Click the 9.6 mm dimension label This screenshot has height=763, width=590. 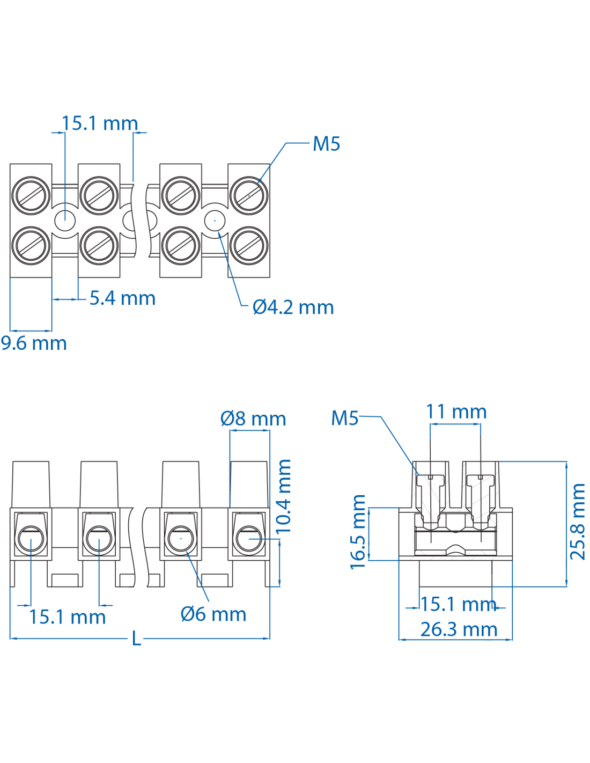point(34,343)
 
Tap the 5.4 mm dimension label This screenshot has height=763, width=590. point(122,298)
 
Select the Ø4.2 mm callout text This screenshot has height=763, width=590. point(293,307)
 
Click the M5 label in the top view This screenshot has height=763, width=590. point(326,144)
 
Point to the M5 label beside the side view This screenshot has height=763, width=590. point(344,418)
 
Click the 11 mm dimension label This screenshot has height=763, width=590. point(456,412)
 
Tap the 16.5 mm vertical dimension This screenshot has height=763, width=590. point(358,532)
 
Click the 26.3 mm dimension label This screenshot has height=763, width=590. point(459,629)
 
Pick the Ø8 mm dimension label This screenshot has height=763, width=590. point(253,419)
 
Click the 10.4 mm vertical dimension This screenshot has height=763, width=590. point(283,496)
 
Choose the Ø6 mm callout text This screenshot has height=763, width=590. point(213,614)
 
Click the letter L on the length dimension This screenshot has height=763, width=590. point(137,639)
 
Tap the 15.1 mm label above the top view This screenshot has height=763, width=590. point(99,123)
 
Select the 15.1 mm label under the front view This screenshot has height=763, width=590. point(67,617)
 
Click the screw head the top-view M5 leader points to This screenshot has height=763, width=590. point(249,194)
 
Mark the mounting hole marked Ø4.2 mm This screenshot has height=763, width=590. point(215,220)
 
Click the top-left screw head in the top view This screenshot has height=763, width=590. point(31,194)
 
